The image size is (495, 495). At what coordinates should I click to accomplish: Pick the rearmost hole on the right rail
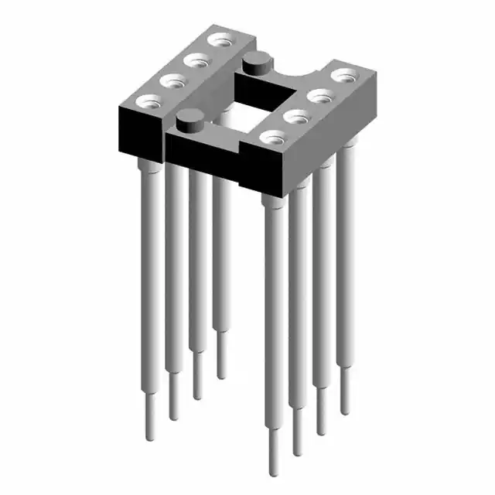click(342, 76)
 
